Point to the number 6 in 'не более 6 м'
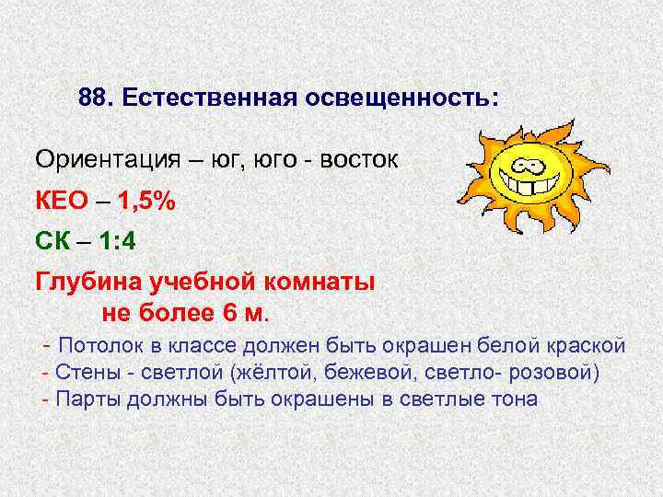click(230, 311)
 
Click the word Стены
click(85, 372)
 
